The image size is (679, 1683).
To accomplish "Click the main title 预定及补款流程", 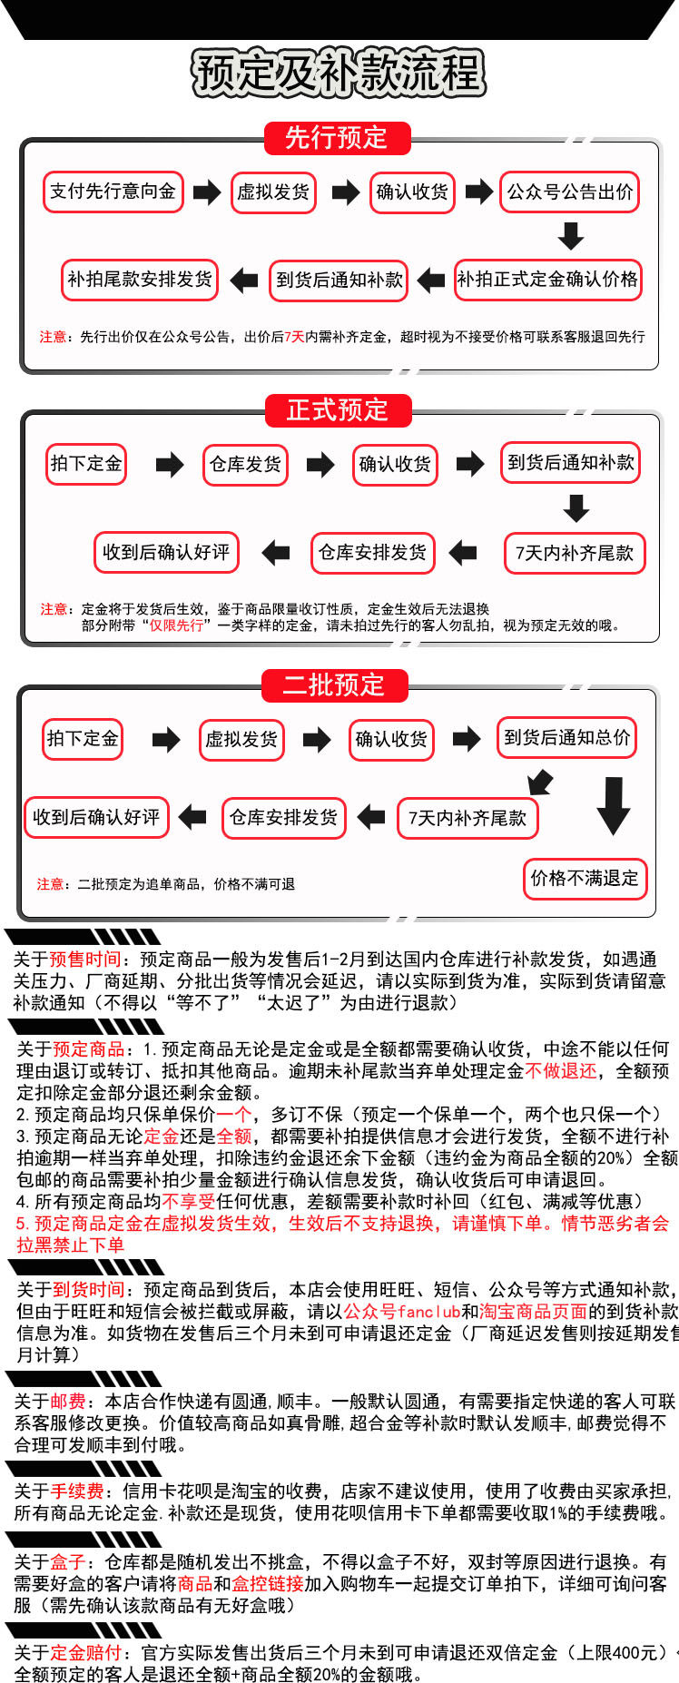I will [338, 73].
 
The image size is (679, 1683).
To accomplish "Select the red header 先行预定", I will [337, 138].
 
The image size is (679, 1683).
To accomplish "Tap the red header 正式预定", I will [338, 410].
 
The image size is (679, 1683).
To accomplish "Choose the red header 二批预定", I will [334, 684].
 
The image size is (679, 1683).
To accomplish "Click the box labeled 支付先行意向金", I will [113, 192].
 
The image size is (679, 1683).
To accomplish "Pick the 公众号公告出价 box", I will [570, 192].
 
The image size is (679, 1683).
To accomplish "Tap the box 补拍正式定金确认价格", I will [547, 280].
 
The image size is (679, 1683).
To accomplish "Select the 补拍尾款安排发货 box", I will [140, 280].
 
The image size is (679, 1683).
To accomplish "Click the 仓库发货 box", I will [245, 465].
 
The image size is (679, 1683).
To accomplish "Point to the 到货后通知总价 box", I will [567, 737].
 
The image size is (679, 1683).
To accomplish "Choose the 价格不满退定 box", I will [585, 878].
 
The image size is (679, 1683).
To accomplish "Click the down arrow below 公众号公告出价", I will [571, 236].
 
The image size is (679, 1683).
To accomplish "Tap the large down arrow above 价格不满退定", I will [614, 805].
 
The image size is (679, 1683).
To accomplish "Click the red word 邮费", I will [68, 1401].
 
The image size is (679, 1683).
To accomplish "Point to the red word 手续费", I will [77, 1491].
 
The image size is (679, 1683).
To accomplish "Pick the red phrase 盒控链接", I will [268, 1583].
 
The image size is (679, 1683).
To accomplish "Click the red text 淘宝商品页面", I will [533, 1311].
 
